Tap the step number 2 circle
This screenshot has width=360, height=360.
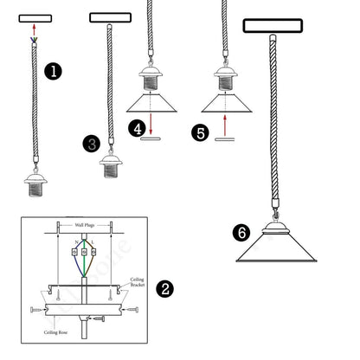164,289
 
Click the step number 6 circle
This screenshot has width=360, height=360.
242,232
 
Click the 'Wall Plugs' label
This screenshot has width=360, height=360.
86,222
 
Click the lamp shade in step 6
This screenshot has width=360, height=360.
277,251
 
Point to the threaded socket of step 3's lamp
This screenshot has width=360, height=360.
111,166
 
